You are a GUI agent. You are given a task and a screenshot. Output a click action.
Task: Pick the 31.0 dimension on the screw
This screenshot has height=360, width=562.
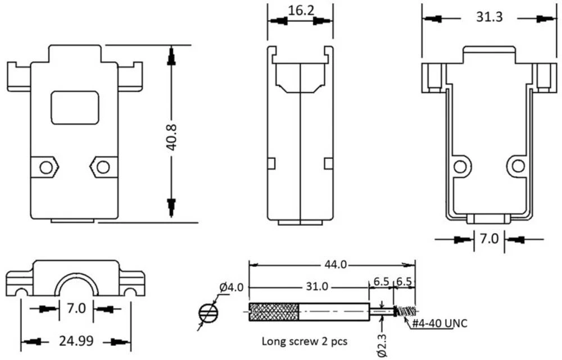click(316, 286)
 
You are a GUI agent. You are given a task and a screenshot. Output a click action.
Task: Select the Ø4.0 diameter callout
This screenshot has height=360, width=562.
click(232, 287)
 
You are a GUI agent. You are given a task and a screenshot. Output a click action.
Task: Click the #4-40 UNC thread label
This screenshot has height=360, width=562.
click(440, 323)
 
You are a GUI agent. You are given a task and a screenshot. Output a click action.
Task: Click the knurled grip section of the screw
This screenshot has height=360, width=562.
click(273, 312)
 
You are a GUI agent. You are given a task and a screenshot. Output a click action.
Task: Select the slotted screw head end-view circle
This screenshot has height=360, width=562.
click(208, 313)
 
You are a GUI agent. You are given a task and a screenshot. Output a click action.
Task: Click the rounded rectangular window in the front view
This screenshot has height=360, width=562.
click(75, 107)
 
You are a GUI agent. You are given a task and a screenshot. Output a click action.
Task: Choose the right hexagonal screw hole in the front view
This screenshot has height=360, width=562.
click(103, 167)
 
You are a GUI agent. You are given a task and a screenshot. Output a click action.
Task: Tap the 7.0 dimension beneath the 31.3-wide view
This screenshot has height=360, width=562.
click(488, 239)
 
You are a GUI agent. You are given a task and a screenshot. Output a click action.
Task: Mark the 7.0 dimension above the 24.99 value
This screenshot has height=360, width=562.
click(76, 309)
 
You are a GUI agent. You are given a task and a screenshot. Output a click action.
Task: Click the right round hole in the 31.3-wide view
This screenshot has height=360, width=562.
click(518, 166)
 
